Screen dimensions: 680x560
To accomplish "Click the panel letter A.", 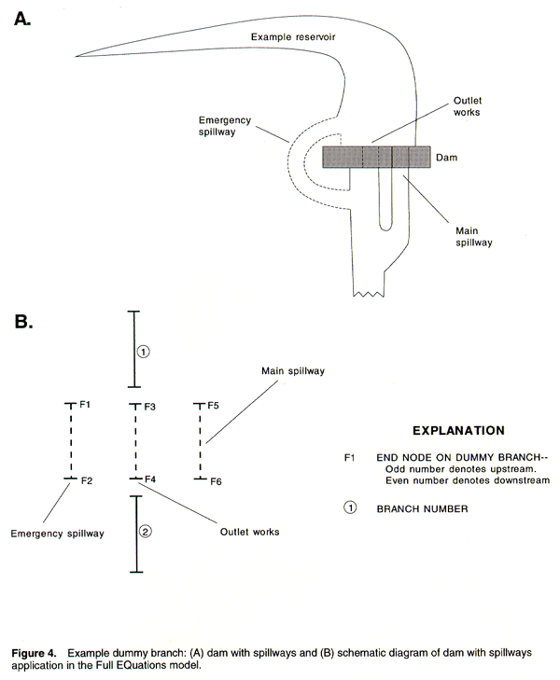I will [x=25, y=20].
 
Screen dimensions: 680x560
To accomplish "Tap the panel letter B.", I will [x=25, y=323].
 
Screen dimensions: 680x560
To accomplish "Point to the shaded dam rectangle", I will [x=376, y=157].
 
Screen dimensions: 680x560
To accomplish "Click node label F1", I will [x=85, y=405].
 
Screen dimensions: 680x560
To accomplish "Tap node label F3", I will [x=149, y=407].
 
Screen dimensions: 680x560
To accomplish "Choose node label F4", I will [x=149, y=479].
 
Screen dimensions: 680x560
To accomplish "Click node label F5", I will [x=214, y=406].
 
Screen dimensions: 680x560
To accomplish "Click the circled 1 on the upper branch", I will [x=143, y=352].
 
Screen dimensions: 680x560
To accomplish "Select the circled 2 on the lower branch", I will [x=144, y=532].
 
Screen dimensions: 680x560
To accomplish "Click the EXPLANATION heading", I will [x=457, y=430].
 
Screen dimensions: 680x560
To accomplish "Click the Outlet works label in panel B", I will [x=249, y=532].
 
